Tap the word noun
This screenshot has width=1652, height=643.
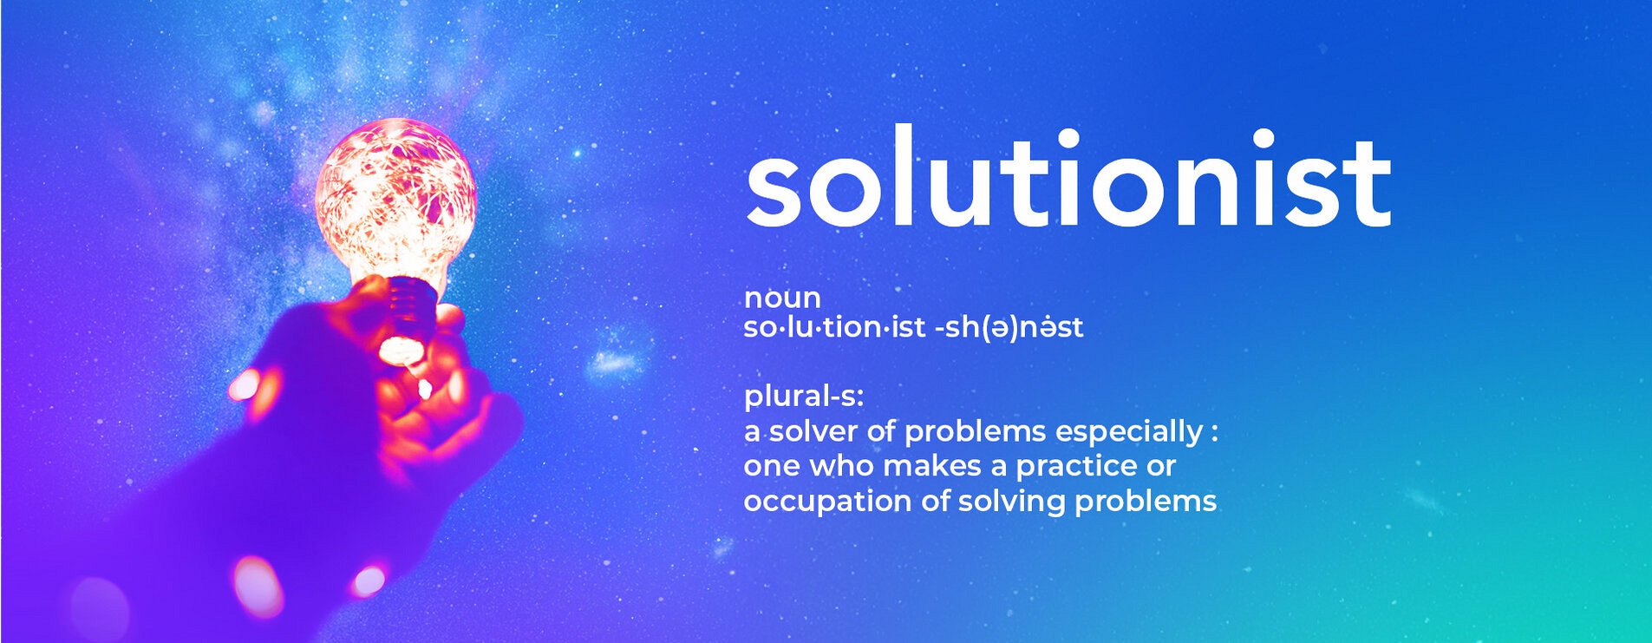pos(782,299)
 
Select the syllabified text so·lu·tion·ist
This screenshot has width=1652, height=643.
pos(835,327)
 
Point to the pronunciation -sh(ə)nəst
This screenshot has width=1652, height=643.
pos(1009,327)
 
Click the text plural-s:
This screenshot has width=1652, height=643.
pos(804,397)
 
